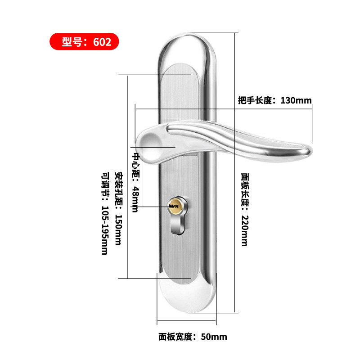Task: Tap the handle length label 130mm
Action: (274, 100)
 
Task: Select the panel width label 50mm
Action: (193, 337)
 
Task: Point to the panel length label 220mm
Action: (244, 209)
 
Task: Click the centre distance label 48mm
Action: (135, 182)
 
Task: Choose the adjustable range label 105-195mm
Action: (104, 214)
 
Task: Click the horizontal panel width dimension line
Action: (187, 322)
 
